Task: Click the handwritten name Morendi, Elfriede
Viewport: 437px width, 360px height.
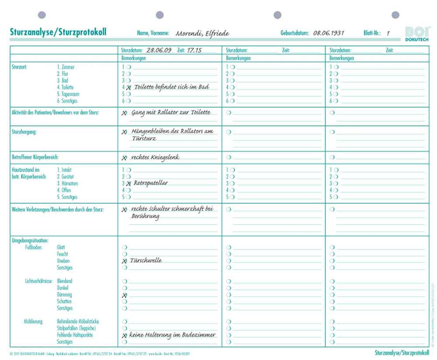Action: pyautogui.click(x=202, y=33)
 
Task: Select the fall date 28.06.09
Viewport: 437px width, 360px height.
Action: pyautogui.click(x=159, y=50)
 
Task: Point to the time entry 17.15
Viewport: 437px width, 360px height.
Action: pyautogui.click(x=194, y=50)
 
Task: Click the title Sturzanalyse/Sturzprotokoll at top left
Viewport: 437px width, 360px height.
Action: pyautogui.click(x=58, y=32)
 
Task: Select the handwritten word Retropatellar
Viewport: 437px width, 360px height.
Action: pyautogui.click(x=151, y=183)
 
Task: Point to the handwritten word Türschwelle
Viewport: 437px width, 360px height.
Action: pyautogui.click(x=146, y=260)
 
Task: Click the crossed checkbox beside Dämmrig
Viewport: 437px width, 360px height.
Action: pyautogui.click(x=125, y=295)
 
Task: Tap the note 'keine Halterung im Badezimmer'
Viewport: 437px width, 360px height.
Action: pyautogui.click(x=172, y=335)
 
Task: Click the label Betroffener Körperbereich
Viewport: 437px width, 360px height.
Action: pyautogui.click(x=35, y=157)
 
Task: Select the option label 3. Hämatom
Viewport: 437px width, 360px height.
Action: pyautogui.click(x=67, y=183)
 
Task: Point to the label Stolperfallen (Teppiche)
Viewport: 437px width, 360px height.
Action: pyautogui.click(x=76, y=328)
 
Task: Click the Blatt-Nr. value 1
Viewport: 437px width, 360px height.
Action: pyautogui.click(x=388, y=33)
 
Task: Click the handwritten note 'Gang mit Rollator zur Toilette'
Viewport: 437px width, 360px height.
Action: pyautogui.click(x=171, y=112)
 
